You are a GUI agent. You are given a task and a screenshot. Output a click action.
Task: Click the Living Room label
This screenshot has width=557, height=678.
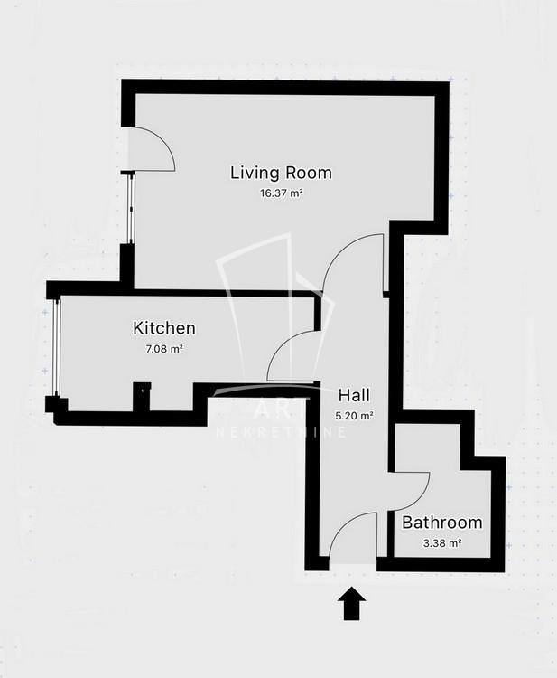tap(281, 173)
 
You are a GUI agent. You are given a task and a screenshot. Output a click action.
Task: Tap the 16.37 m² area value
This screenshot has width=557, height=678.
tap(281, 193)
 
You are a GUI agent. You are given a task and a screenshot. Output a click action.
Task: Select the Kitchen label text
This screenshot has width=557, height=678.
tap(164, 328)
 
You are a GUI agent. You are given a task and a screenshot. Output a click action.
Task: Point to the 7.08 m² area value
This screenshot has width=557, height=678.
tap(164, 349)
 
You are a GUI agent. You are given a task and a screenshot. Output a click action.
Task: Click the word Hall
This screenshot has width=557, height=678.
tap(354, 395)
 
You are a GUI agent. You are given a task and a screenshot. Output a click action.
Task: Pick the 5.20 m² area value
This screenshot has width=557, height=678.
tap(354, 416)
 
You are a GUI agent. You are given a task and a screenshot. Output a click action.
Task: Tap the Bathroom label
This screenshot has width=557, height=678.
tap(442, 523)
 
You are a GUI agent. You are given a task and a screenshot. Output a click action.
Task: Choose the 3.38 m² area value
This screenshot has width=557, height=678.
tap(442, 543)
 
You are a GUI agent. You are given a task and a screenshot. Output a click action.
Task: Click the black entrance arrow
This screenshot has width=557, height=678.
tap(351, 603)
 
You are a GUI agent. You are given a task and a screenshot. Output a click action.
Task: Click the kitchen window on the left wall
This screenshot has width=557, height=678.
tap(56, 346)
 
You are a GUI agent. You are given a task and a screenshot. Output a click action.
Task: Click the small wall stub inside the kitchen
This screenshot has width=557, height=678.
tap(142, 397)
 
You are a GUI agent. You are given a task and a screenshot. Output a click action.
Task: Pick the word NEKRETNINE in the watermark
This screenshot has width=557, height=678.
tap(281, 432)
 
